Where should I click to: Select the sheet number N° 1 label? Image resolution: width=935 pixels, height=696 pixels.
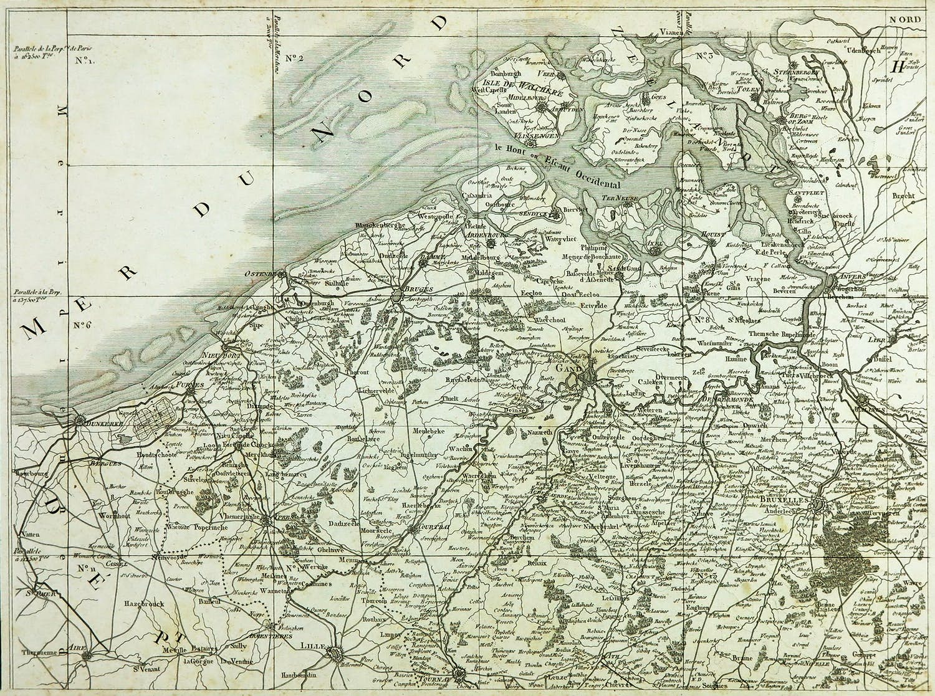click(84, 60)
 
